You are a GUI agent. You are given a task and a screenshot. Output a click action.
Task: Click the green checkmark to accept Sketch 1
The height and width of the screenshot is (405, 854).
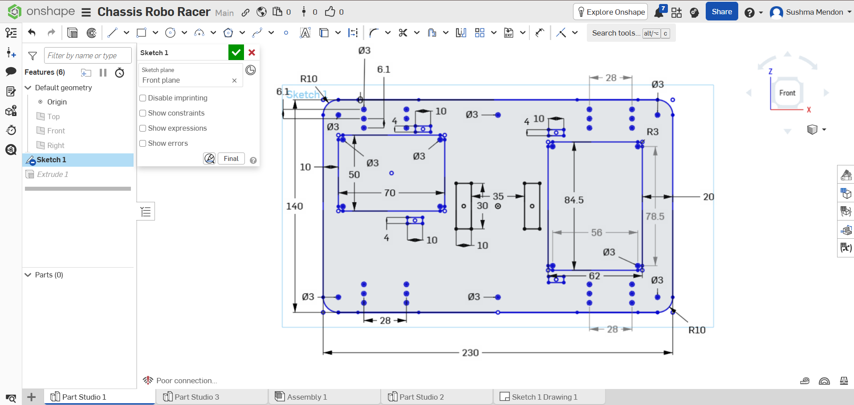pyautogui.click(x=236, y=52)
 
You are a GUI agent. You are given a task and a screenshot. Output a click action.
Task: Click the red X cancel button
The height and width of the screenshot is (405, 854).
pyautogui.click(x=252, y=52)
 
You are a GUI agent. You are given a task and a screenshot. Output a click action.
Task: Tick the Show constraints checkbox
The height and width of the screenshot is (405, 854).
pyautogui.click(x=143, y=113)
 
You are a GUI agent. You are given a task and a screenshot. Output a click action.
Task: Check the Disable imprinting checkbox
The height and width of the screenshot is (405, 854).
pyautogui.click(x=143, y=98)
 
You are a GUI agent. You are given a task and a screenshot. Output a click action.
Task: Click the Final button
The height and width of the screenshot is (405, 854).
pyautogui.click(x=231, y=159)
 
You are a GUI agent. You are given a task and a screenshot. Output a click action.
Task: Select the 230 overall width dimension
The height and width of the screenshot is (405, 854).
pyautogui.click(x=470, y=353)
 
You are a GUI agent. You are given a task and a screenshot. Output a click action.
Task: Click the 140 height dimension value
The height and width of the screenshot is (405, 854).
pyautogui.click(x=294, y=206)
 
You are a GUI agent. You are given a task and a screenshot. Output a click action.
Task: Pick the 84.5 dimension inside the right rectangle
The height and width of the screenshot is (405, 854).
pyautogui.click(x=574, y=200)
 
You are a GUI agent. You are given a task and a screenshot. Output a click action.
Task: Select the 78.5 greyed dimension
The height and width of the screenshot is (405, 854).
pyautogui.click(x=655, y=217)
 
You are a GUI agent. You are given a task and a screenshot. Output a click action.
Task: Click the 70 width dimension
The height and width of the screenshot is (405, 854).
pyautogui.click(x=390, y=193)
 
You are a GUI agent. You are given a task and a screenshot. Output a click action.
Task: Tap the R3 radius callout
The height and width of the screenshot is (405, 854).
pyautogui.click(x=652, y=132)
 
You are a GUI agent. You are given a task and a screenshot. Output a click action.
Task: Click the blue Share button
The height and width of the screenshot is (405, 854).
pyautogui.click(x=722, y=12)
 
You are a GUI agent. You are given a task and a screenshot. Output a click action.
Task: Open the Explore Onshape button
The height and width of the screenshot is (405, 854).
pyautogui.click(x=610, y=12)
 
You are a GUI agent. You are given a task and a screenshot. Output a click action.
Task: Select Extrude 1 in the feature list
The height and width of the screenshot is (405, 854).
pyautogui.click(x=53, y=174)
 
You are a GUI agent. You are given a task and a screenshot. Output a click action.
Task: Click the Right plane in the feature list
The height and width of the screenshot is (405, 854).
pyautogui.click(x=56, y=145)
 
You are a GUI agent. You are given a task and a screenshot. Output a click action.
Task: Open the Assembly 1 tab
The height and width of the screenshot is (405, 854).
pyautogui.click(x=307, y=397)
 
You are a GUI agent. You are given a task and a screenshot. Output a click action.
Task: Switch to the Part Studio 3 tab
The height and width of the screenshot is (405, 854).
pyautogui.click(x=197, y=397)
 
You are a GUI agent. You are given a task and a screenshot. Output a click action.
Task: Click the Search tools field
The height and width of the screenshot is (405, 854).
pyautogui.click(x=616, y=33)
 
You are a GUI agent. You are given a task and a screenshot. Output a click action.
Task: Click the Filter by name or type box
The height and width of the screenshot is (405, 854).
pyautogui.click(x=88, y=56)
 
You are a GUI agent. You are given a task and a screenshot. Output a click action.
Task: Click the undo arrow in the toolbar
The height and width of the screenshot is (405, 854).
pyautogui.click(x=32, y=32)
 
